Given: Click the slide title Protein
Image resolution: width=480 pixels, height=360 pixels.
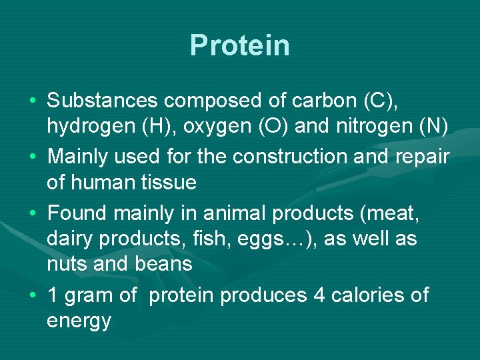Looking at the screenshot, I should tap(240, 45).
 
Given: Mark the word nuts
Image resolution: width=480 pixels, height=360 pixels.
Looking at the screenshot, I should tap(68, 264).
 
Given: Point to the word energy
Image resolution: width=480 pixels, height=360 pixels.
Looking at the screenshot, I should tap(79, 321).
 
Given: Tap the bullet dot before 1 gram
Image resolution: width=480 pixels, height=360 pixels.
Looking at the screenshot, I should tap(33, 295).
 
